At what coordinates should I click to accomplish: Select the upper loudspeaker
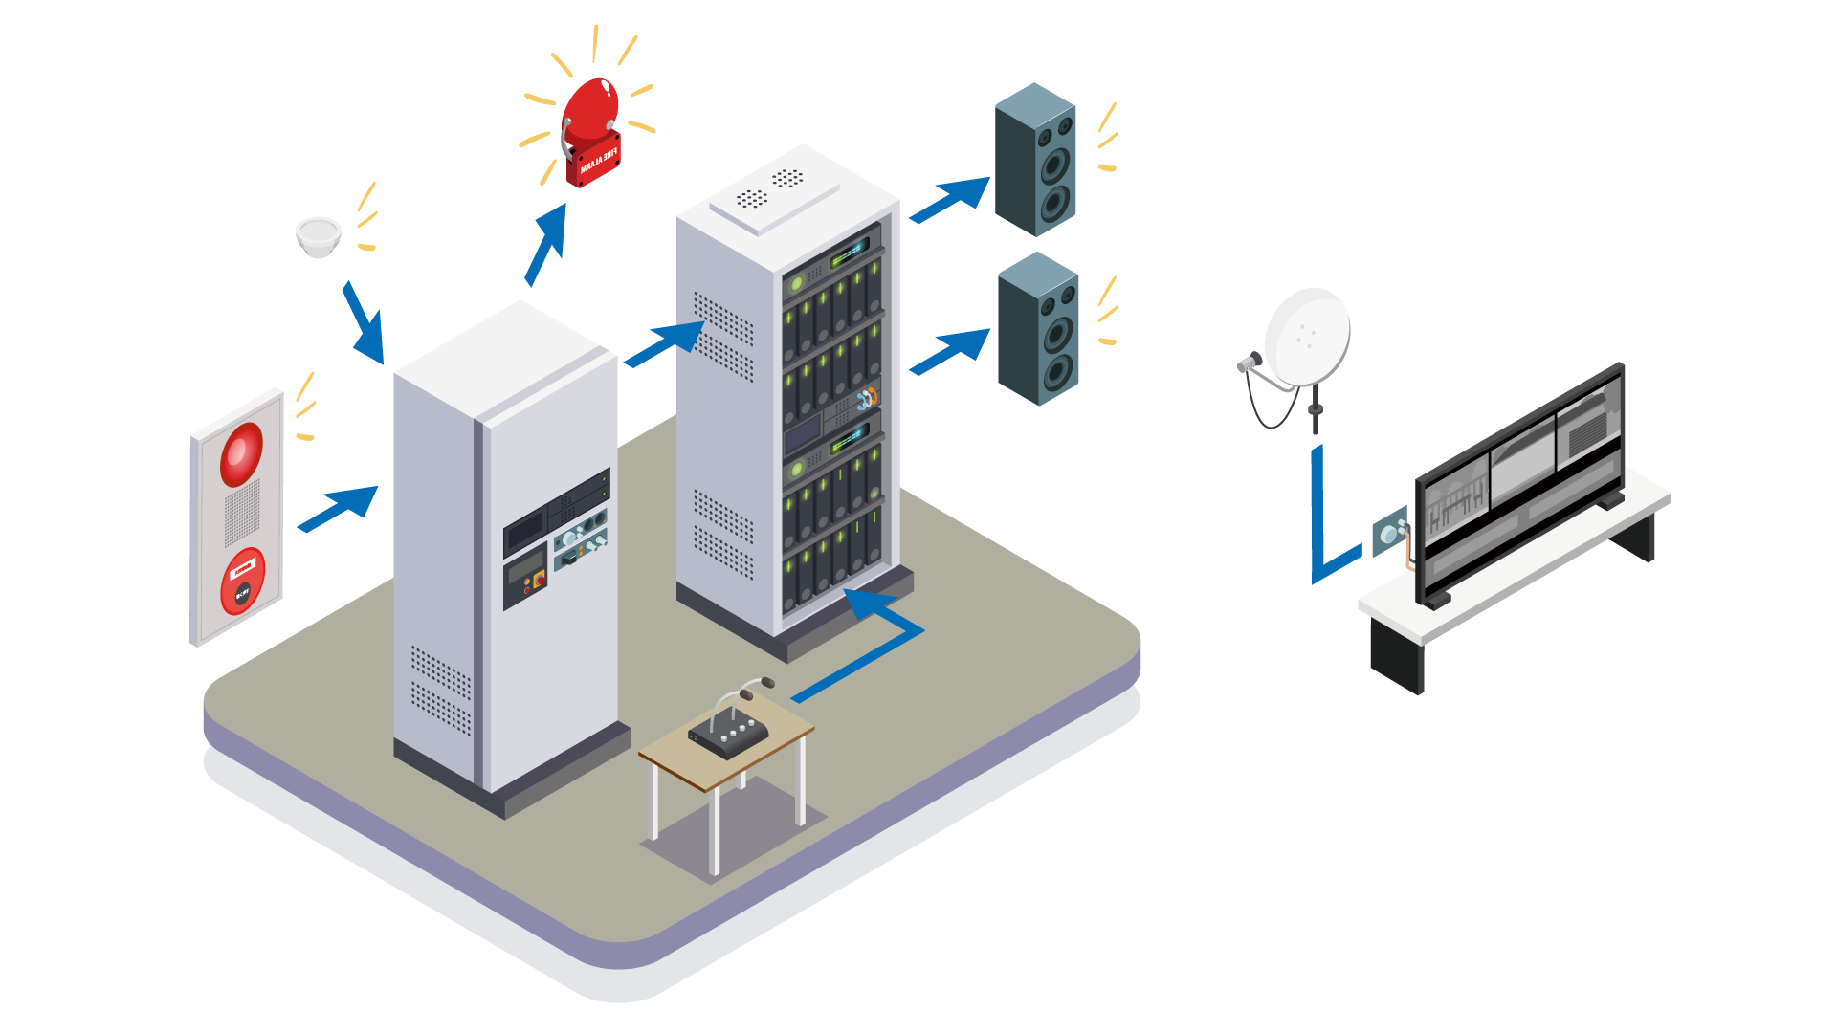click(x=1035, y=160)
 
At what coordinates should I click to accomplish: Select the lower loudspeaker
click(x=1038, y=329)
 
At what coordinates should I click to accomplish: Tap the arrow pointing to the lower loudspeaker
click(x=950, y=351)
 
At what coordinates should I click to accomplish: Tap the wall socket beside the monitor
click(x=1389, y=530)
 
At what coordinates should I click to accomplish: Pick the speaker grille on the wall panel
click(x=241, y=513)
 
